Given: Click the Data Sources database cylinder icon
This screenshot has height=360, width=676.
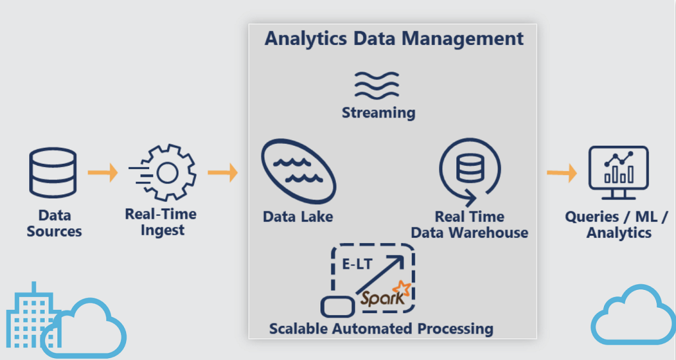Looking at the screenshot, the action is [53, 172].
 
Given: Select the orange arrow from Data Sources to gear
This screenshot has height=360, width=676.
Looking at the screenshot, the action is [102, 172].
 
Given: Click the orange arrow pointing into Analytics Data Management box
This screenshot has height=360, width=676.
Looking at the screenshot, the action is [222, 172].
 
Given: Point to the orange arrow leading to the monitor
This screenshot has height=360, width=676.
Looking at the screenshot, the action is [562, 173].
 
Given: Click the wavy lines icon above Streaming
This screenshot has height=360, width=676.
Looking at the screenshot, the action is [376, 85].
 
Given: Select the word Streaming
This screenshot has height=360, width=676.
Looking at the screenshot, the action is [378, 112].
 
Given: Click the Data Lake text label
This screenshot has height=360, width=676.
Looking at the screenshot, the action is [298, 217].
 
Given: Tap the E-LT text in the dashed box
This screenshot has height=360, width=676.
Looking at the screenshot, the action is [357, 264].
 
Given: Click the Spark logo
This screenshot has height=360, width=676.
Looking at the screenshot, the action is [385, 295].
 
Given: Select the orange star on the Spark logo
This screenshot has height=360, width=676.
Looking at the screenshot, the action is [401, 289].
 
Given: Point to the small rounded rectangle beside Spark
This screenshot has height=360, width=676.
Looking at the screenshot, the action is [337, 306].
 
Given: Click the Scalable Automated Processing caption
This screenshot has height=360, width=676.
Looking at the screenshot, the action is [381, 328].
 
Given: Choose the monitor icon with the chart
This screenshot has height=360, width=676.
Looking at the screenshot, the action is [619, 172].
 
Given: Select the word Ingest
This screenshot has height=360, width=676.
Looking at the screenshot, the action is [162, 231].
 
